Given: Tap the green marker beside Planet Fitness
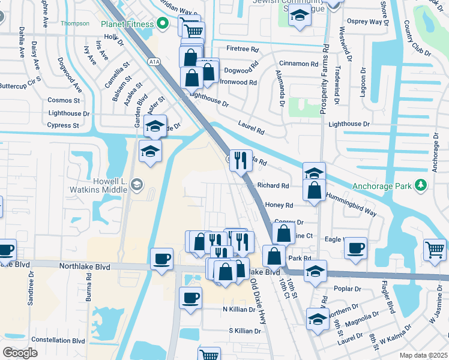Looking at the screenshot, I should click(161, 24).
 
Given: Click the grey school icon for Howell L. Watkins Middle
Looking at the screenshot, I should click(137, 184).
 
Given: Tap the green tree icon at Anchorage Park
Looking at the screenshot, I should click(421, 185).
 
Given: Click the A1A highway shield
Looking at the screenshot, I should click(154, 61).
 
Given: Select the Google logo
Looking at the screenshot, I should click(20, 352).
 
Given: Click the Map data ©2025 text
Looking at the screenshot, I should click(423, 355).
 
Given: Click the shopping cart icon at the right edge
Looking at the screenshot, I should click(435, 250).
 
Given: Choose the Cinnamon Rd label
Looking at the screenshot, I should click(298, 64).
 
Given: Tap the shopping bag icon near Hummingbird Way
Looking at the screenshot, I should click(315, 191).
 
